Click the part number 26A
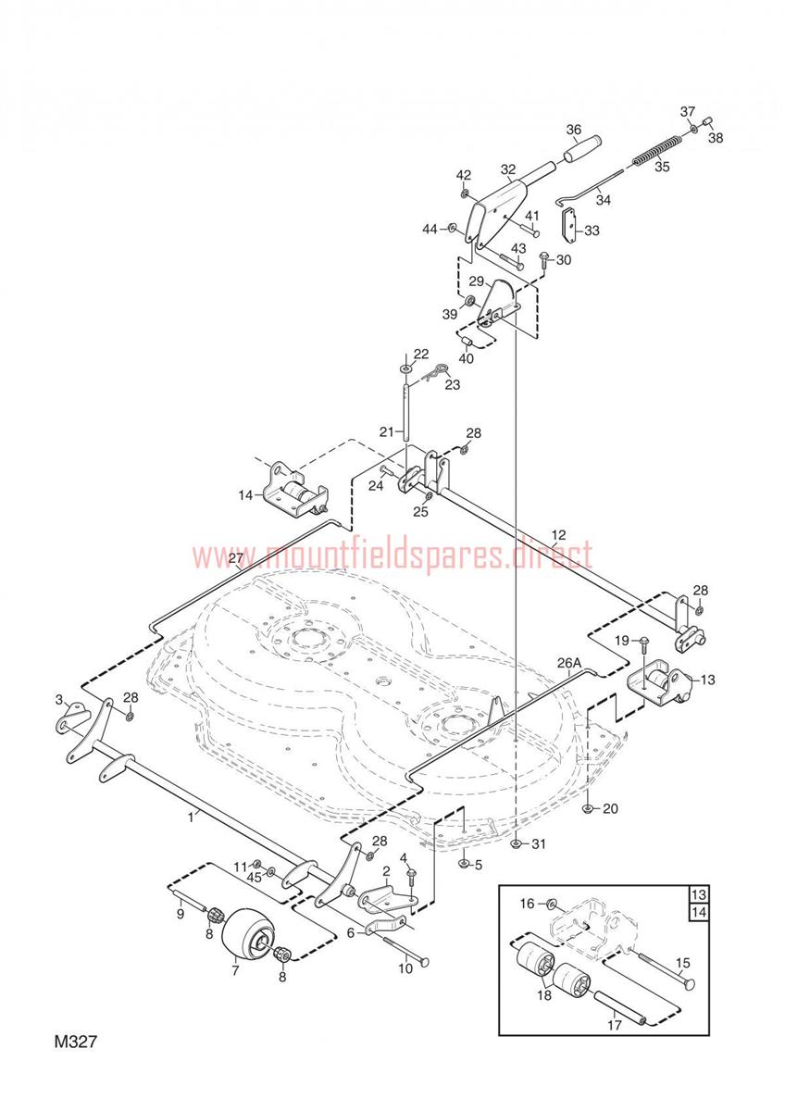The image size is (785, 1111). pyautogui.click(x=568, y=663)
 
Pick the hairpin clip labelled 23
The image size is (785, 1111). pyautogui.click(x=434, y=371)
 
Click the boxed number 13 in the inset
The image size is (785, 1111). pyautogui.click(x=699, y=895)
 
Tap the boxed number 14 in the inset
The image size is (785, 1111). pyautogui.click(x=699, y=912)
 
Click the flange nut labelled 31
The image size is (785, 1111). pyautogui.click(x=517, y=843)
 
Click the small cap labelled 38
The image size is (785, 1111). pyautogui.click(x=707, y=121)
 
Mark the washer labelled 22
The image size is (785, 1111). pyautogui.click(x=405, y=369)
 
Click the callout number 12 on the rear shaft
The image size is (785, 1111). pyautogui.click(x=558, y=535)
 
